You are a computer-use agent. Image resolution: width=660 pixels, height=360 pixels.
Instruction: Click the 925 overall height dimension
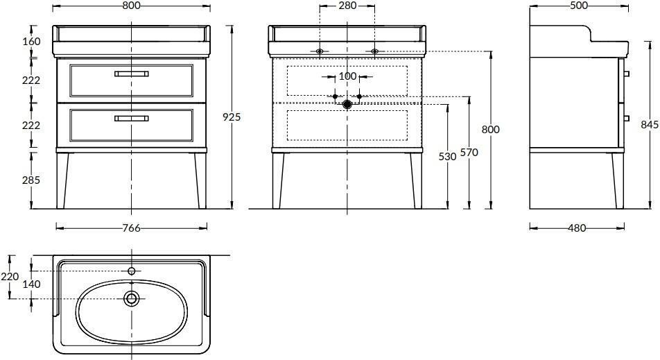(x=232, y=117)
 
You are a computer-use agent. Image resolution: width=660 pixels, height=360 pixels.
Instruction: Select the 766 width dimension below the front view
(x=131, y=228)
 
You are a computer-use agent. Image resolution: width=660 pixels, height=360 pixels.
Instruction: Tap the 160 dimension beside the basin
(x=32, y=41)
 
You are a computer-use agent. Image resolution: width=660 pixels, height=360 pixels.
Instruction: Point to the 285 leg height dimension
(x=32, y=180)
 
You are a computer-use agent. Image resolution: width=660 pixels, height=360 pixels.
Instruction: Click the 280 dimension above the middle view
(x=347, y=6)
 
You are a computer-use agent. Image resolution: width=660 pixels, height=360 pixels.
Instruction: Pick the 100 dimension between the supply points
(x=347, y=76)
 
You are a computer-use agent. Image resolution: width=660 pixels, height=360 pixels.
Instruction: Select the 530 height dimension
(x=447, y=156)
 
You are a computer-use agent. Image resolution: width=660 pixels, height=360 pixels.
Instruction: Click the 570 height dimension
(x=469, y=152)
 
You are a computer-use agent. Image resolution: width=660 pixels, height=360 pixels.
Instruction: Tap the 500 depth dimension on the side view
(x=579, y=6)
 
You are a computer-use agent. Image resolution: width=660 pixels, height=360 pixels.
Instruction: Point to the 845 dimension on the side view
(x=650, y=124)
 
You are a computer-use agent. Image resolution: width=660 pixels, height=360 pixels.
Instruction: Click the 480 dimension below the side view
(x=577, y=228)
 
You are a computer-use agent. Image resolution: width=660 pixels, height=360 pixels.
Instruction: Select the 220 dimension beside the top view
(x=10, y=276)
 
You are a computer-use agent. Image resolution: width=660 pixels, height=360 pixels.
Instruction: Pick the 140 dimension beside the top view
(x=32, y=284)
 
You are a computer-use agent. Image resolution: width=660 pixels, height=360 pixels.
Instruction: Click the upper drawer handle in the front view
(x=131, y=74)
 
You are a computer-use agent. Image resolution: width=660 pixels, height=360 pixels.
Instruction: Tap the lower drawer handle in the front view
(x=131, y=119)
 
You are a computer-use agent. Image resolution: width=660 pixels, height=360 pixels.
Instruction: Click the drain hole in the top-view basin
(x=132, y=298)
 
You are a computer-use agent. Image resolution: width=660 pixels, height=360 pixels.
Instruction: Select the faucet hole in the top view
(x=132, y=271)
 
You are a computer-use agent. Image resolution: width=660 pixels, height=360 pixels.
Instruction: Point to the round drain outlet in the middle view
(x=347, y=104)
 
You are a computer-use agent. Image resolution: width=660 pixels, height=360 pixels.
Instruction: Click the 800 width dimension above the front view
(x=131, y=6)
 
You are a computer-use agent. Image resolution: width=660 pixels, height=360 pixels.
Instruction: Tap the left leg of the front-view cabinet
(x=62, y=180)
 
